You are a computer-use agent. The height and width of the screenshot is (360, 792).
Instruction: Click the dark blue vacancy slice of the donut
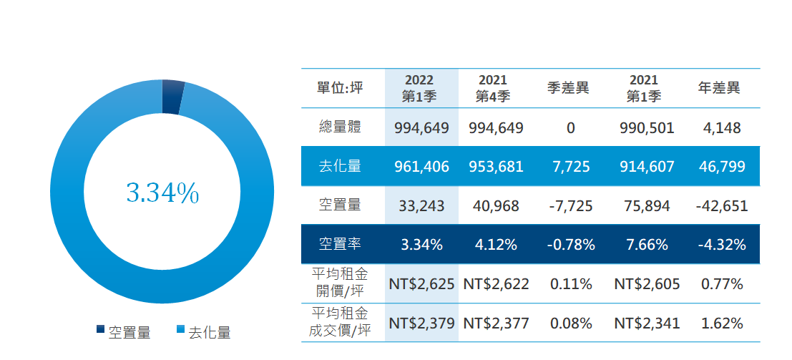(172, 97)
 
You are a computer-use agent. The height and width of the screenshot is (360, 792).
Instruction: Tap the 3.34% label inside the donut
(162, 193)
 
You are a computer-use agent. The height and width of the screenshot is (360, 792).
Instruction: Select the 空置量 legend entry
(123, 332)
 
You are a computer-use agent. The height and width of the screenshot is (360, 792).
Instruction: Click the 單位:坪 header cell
(340, 88)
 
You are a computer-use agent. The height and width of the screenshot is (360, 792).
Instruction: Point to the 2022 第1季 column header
(420, 88)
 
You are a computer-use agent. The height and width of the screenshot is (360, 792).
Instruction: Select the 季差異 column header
(569, 88)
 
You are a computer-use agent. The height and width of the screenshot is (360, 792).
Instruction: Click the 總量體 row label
(340, 128)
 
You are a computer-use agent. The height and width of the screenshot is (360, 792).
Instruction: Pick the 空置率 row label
(340, 244)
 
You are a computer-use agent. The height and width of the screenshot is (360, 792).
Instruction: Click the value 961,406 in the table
(421, 167)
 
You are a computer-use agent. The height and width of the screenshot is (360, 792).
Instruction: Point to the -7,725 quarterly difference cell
(570, 206)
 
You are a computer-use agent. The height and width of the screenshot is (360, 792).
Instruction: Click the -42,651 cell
(721, 206)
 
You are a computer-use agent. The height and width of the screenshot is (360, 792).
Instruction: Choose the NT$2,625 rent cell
(421, 283)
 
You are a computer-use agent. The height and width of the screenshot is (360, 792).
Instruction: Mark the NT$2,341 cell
(646, 323)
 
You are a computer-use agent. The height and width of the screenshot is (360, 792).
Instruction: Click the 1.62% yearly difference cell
(722, 323)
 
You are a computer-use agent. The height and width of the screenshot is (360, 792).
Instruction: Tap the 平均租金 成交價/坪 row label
(340, 322)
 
